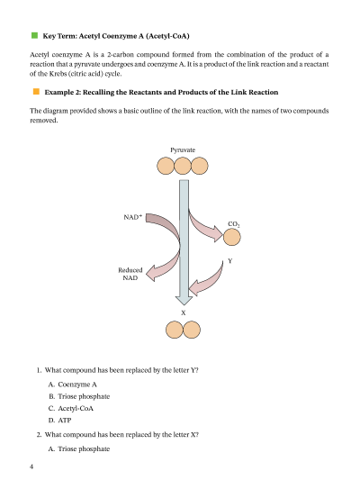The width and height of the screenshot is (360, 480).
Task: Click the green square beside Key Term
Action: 34,35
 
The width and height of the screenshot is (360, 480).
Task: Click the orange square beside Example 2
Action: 36,92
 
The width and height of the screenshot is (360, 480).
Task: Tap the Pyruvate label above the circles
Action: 183,150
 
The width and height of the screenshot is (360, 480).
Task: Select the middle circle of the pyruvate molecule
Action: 183,166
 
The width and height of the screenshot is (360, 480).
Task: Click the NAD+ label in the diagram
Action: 132,217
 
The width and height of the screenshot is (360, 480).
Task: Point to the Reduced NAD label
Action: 130,274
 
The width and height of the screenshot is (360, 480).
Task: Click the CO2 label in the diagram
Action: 234,224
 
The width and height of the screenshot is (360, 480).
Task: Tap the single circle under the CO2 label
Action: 232,237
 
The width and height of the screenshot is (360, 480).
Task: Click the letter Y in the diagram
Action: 230,261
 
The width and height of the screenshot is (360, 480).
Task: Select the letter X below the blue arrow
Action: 184,312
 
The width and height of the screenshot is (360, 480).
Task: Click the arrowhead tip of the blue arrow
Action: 184,305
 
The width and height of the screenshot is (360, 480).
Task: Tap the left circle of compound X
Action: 175,330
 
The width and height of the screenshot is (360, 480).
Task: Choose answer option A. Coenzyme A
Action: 73,385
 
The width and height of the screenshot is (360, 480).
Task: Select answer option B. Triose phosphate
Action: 79,396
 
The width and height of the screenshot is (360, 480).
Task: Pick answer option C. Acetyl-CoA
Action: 71,408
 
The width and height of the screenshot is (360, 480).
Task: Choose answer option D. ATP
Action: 59,421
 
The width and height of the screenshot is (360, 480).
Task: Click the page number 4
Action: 31,466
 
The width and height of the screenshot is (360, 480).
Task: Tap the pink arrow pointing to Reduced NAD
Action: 166,266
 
